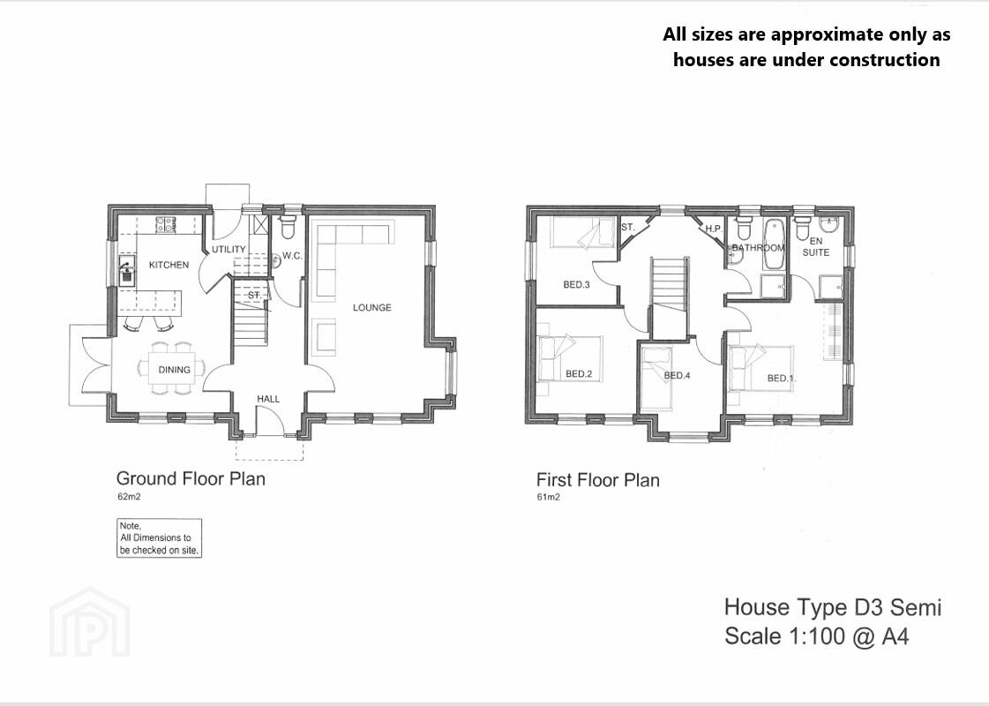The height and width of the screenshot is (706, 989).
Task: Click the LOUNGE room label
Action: point(371,307)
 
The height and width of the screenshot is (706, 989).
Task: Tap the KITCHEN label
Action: point(169,265)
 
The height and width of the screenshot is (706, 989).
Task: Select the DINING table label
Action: point(174,370)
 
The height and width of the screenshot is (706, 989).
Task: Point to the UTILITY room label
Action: point(229,249)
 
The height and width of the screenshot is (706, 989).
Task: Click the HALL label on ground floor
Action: point(268,399)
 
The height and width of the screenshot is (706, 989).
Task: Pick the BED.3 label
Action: point(576,284)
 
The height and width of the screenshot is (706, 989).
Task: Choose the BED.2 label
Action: point(579,374)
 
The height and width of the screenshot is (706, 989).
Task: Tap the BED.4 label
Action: point(677,375)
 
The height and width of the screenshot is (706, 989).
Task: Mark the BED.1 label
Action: point(781,379)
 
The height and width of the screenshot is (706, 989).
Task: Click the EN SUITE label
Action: point(815,247)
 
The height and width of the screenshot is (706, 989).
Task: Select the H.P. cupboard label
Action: point(714,229)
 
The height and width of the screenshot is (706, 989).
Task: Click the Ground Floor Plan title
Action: point(191,479)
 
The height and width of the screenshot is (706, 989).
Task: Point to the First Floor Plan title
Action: point(598,480)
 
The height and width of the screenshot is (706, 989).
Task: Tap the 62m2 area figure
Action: point(129,497)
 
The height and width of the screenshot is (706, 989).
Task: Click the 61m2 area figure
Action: point(548,497)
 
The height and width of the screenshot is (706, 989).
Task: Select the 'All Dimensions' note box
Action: point(159,538)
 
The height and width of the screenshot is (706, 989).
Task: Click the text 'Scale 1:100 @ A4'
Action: point(817,636)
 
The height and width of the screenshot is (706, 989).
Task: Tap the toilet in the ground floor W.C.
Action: point(288,227)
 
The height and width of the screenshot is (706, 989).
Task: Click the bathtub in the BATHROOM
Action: point(773,244)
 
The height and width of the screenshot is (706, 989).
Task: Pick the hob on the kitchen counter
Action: point(165,224)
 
